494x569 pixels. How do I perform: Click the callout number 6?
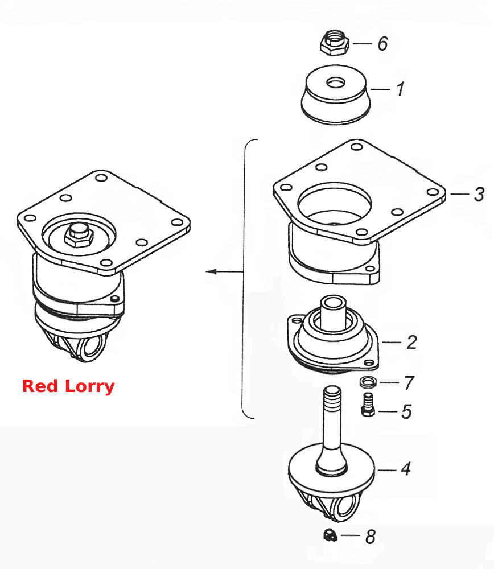point(382,44)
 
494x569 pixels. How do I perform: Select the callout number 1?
point(400,89)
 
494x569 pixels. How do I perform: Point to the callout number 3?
point(479,194)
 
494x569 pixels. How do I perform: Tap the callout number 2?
point(411,342)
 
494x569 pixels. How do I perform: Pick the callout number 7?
point(409,382)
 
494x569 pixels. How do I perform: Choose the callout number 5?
point(406,411)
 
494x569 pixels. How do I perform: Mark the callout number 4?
point(406,469)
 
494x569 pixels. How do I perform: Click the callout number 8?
point(370,537)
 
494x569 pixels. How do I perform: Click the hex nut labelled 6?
point(335,43)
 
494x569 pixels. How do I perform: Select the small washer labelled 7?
point(368,382)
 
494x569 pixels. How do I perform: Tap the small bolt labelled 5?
point(368,404)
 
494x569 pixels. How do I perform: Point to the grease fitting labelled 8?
point(330,535)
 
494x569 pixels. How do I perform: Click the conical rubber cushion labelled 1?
point(336,94)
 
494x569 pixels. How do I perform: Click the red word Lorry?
point(90,386)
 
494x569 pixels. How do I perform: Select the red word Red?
point(40,386)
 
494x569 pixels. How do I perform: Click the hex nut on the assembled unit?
point(79,236)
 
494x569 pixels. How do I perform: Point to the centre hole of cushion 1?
point(336,83)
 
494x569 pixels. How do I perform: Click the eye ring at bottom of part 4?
point(345,508)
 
